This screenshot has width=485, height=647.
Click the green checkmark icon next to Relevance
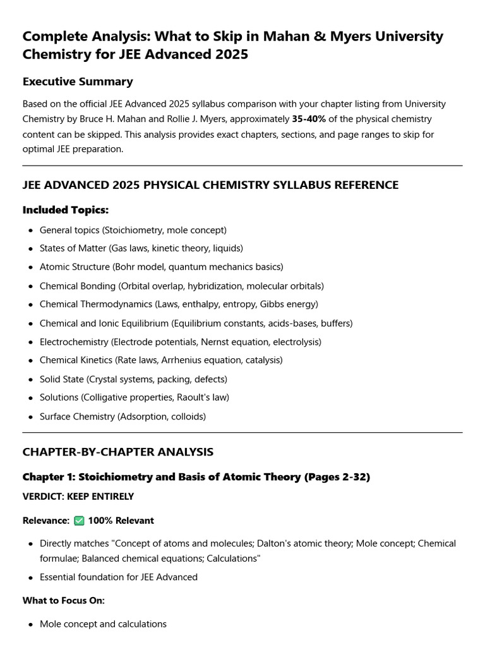pos(79,521)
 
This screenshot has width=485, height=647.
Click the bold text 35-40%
pos(308,119)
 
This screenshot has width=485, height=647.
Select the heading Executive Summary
pos(78,82)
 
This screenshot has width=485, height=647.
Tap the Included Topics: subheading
pos(66,209)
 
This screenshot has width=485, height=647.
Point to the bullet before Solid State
pos(30,380)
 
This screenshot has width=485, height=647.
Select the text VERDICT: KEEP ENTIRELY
pos(78,497)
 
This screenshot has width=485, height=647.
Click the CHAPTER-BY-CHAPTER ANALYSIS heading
pos(118,452)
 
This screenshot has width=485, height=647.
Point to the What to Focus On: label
pos(64,600)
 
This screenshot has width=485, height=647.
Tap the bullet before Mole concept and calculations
pos(30,624)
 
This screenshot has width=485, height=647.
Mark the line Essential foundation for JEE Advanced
pos(119,577)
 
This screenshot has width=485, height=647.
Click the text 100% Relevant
pos(121,521)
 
